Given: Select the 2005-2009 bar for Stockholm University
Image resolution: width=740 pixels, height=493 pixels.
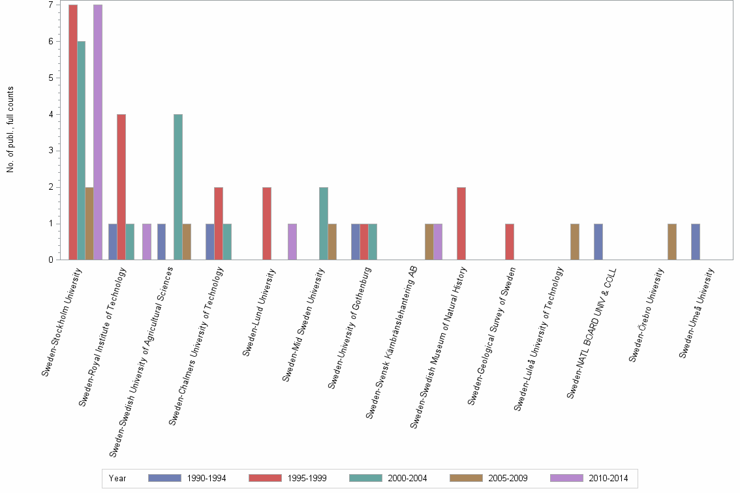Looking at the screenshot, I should [x=89, y=224].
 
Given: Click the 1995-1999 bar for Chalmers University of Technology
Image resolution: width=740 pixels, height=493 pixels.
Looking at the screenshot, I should [x=219, y=224].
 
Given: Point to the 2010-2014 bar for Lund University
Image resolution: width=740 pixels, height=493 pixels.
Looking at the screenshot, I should [x=292, y=242].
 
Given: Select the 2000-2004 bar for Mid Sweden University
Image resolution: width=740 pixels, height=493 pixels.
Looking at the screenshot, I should [x=324, y=224].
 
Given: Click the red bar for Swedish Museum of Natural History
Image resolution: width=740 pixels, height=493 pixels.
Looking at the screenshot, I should [x=461, y=224].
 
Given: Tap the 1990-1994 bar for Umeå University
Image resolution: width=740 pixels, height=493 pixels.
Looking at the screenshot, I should [x=696, y=242].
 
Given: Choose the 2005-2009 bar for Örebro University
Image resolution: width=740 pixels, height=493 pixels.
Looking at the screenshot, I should [x=671, y=242].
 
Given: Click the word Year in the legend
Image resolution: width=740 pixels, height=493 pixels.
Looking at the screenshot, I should [x=117, y=478].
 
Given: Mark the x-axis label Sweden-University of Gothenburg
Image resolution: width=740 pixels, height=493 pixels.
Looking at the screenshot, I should [x=350, y=327].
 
